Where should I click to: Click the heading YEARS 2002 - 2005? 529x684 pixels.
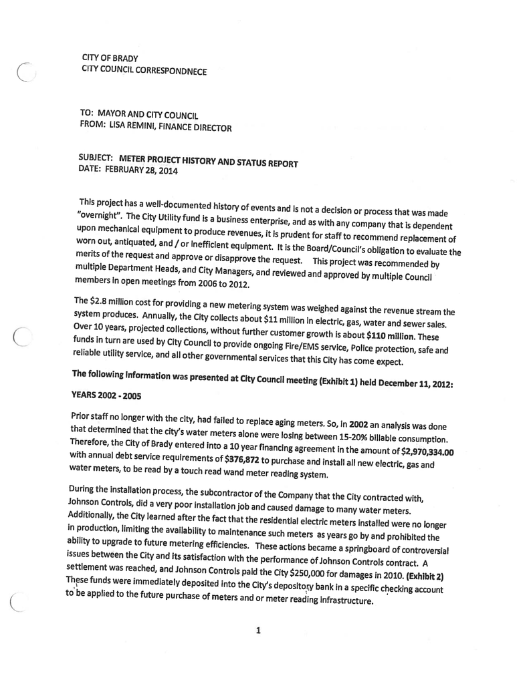click(106, 396)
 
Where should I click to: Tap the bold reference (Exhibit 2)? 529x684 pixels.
click(425, 576)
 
